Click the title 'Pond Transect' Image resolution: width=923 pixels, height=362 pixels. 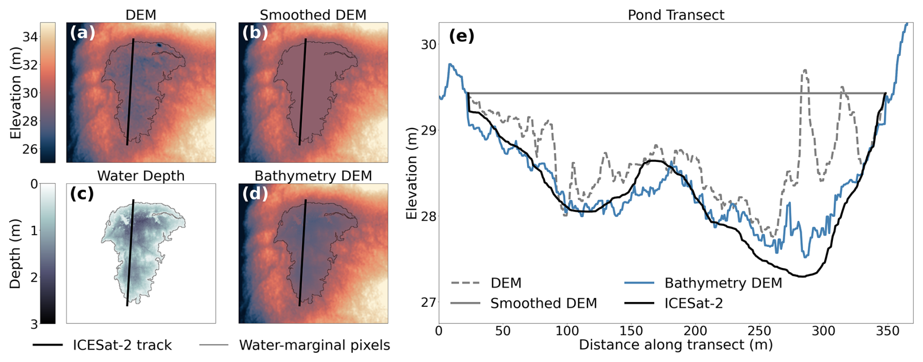coord(676,15)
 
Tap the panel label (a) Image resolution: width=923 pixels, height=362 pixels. coord(82,33)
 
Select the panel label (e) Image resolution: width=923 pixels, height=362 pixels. coord(461,36)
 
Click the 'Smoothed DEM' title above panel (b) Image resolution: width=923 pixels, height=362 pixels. coord(313,15)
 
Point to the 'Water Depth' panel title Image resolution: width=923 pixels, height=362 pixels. coord(141,176)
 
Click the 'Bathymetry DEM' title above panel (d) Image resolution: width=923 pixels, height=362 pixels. coord(313,176)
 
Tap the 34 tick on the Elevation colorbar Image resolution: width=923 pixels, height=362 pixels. coord(30,37)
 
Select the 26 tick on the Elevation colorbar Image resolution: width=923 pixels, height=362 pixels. coord(30,149)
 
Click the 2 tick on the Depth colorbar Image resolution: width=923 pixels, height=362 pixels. coord(34,277)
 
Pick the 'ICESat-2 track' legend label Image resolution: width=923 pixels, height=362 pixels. coord(122,345)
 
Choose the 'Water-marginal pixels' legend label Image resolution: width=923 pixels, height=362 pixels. coord(315,345)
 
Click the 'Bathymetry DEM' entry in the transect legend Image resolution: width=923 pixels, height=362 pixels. coord(723,283)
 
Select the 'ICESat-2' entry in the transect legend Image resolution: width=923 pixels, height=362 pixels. coord(693,303)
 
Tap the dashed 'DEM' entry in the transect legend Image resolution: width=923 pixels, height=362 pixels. coord(506,283)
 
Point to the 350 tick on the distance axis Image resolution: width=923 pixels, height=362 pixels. coord(887,331)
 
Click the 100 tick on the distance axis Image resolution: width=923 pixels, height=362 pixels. coord(567,331)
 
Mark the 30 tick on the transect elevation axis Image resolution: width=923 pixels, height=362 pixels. coord(428,44)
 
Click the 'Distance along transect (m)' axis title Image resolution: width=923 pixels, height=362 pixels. coord(676,345)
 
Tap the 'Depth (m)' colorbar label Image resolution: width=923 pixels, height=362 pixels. coord(15,254)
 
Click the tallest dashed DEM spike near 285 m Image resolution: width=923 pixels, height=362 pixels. coord(804,70)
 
